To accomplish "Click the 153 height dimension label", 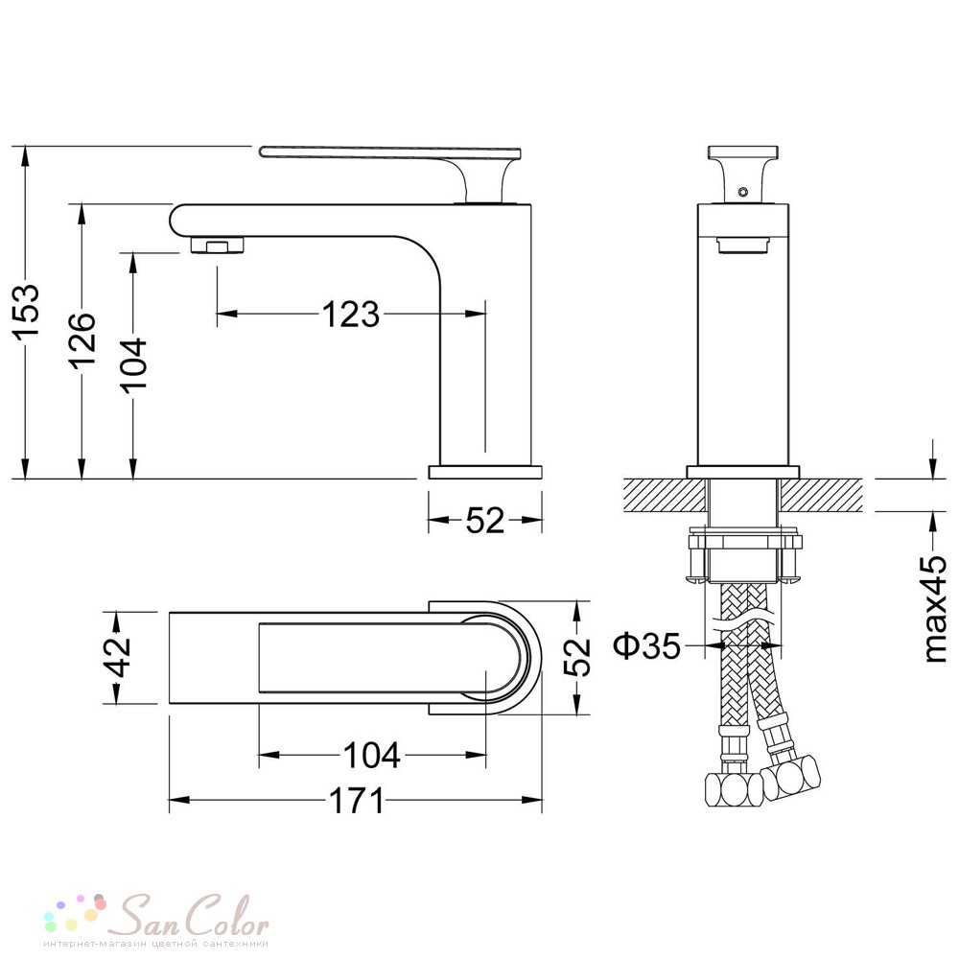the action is click(27, 311).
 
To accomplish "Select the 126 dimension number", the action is click(82, 340).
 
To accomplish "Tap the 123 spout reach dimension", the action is click(350, 315).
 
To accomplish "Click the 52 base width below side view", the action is click(485, 520).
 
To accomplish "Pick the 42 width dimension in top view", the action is click(119, 657).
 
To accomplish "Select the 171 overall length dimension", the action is click(357, 801).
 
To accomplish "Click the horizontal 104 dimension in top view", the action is click(372, 755).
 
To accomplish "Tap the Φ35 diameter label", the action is click(647, 645).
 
